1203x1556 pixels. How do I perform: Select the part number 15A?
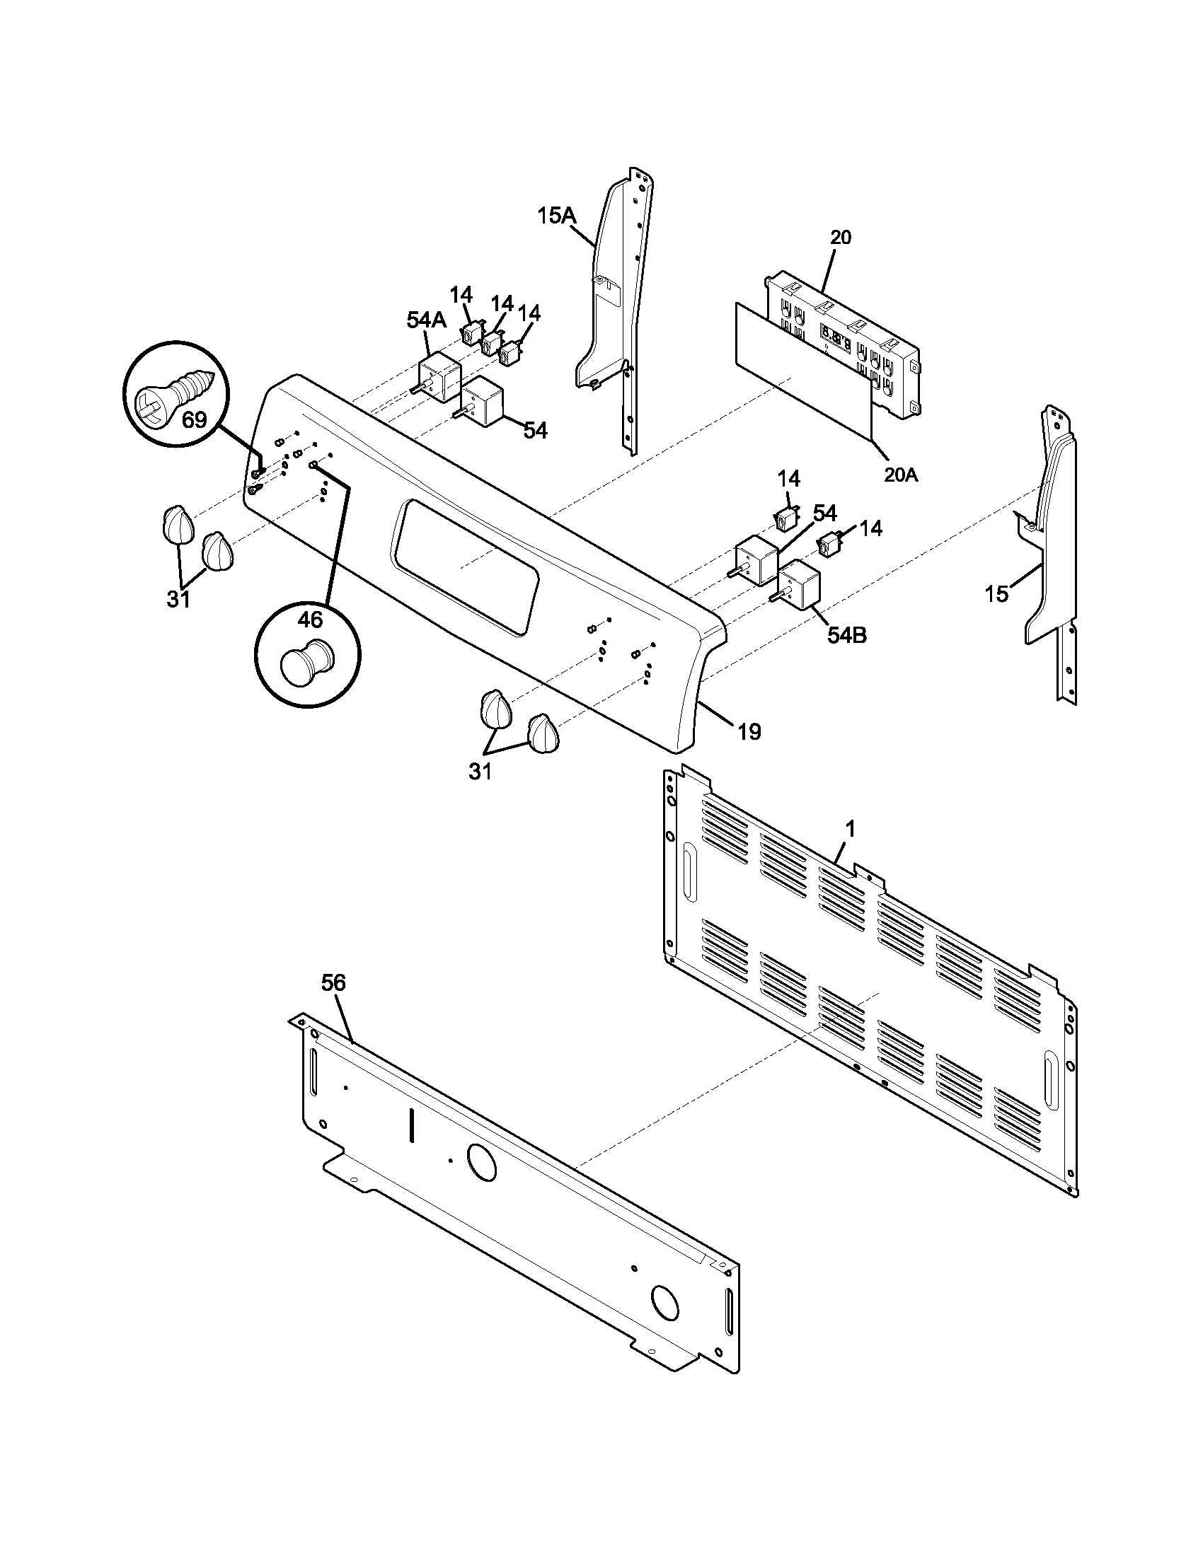click(556, 215)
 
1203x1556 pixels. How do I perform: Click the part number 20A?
click(901, 474)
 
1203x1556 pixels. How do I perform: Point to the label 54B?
click(846, 636)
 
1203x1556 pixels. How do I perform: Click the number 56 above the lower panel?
click(333, 982)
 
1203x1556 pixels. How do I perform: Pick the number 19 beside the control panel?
click(749, 731)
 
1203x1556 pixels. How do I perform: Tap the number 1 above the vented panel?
click(850, 829)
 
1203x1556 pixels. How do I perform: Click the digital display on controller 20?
click(834, 337)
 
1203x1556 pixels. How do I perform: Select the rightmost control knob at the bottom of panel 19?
click(543, 733)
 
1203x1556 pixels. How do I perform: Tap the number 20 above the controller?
click(841, 237)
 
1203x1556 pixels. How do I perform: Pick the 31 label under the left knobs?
click(178, 600)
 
